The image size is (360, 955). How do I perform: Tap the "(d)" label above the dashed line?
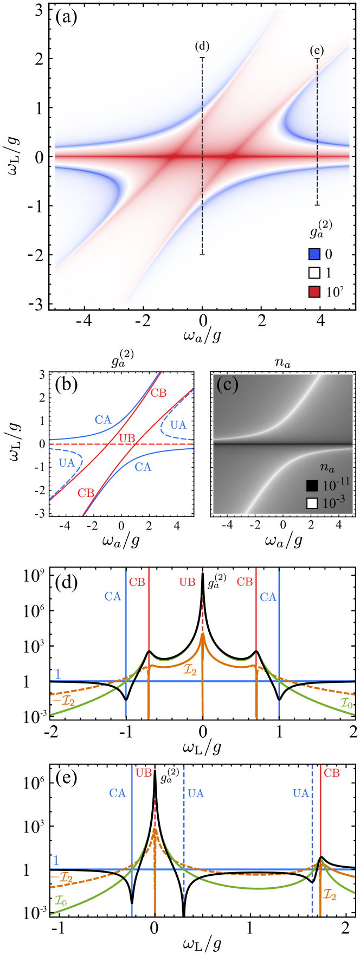(202, 46)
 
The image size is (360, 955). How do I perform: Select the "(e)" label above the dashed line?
(317, 50)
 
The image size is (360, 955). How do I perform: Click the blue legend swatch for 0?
(314, 254)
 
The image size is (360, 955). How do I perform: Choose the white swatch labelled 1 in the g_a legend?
(314, 273)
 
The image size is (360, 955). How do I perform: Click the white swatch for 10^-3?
(312, 503)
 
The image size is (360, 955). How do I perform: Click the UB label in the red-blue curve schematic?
(126, 438)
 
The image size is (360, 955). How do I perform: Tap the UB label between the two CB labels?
(187, 582)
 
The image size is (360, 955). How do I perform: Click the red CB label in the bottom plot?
(332, 773)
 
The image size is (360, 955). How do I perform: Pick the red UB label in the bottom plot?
(144, 773)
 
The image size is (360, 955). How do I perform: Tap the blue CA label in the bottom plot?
(118, 793)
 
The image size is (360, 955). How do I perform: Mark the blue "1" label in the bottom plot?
(56, 861)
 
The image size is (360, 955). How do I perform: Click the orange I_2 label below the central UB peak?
(189, 657)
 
